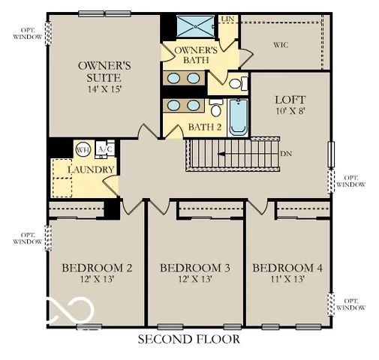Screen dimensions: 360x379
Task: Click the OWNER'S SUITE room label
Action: [105, 71]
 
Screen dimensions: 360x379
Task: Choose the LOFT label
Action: [289, 99]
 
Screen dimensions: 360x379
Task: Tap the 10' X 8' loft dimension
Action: [289, 112]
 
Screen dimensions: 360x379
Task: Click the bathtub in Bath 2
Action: [238, 118]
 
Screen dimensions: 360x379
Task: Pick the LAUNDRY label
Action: [90, 170]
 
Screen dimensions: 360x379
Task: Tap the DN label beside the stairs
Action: [285, 153]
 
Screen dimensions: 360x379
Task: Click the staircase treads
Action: [230, 155]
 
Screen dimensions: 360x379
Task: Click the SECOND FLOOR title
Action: [188, 339]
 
